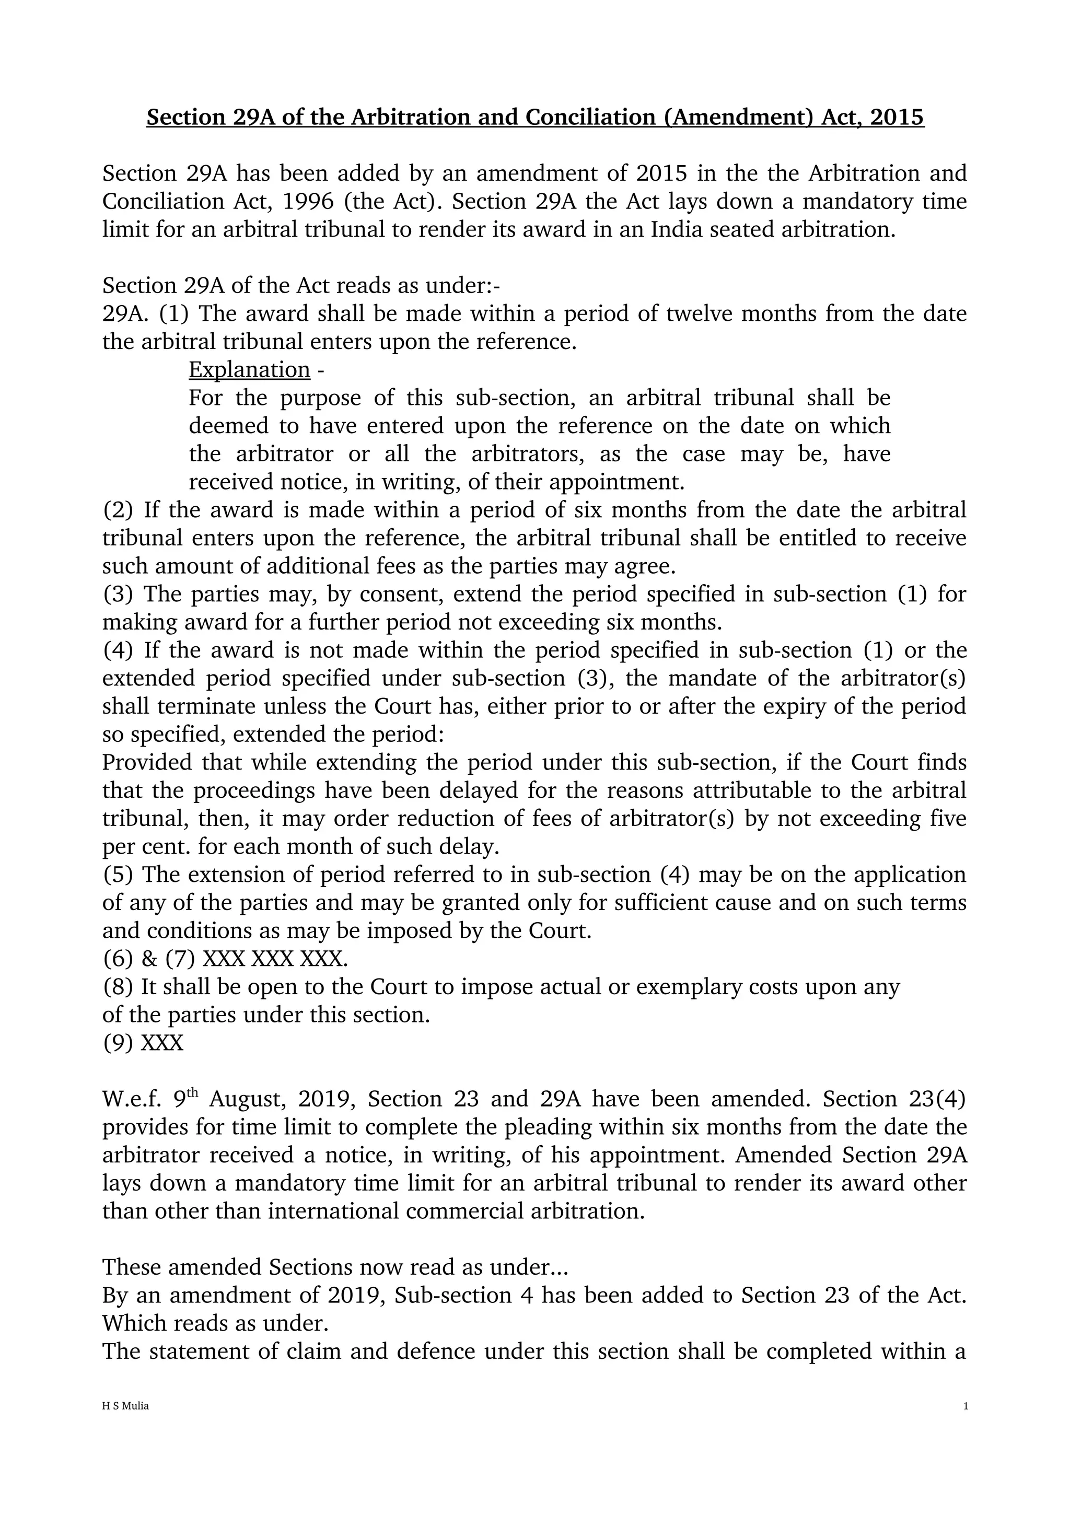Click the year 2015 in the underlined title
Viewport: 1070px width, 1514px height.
click(897, 118)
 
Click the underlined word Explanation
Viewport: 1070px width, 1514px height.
click(249, 370)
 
